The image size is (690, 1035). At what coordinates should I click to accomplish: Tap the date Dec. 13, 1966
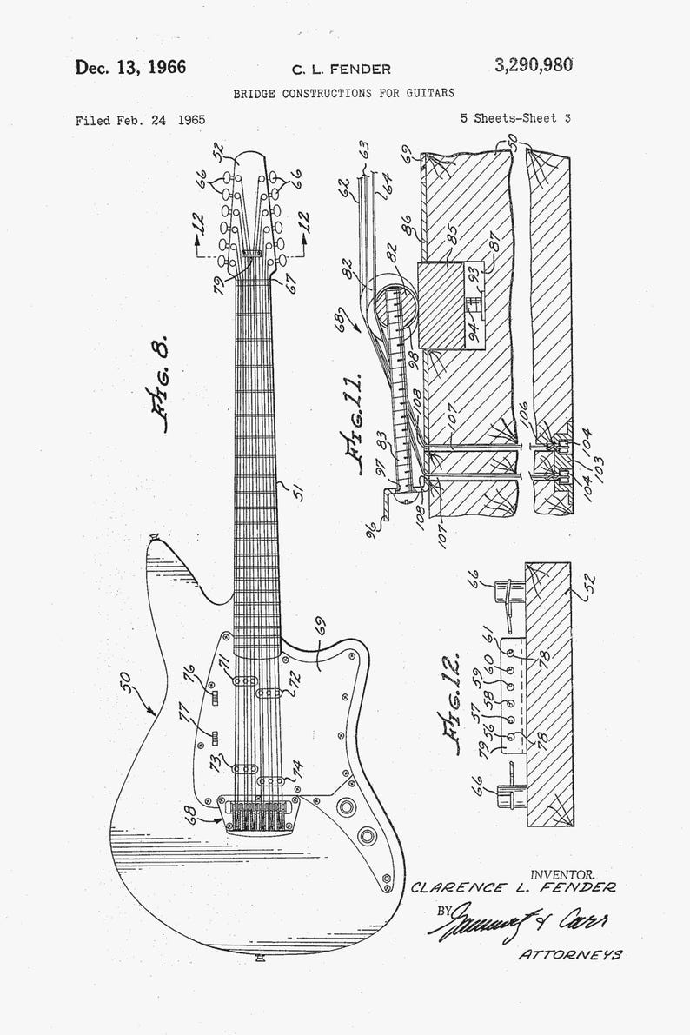point(130,68)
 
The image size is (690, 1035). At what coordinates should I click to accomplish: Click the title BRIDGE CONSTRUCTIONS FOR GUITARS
point(343,92)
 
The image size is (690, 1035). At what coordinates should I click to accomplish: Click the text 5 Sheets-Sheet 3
point(516,120)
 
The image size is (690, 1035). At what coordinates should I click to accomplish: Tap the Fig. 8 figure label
point(161,382)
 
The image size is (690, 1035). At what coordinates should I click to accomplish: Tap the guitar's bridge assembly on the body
point(260,815)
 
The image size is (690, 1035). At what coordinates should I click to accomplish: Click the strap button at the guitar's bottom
point(261,959)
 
